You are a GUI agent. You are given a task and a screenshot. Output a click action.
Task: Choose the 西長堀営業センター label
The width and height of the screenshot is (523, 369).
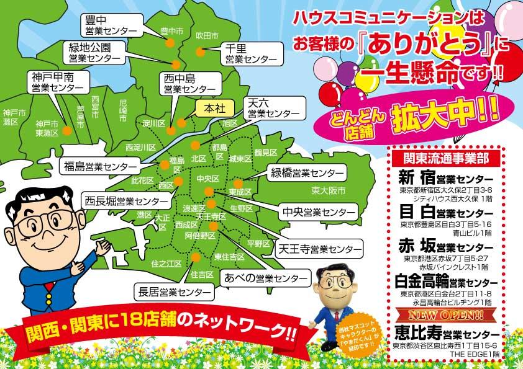click(x=127, y=201)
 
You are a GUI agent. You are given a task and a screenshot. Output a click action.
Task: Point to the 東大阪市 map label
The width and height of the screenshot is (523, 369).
click(x=329, y=190)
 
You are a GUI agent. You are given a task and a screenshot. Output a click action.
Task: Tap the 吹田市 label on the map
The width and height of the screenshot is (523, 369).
click(x=207, y=35)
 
